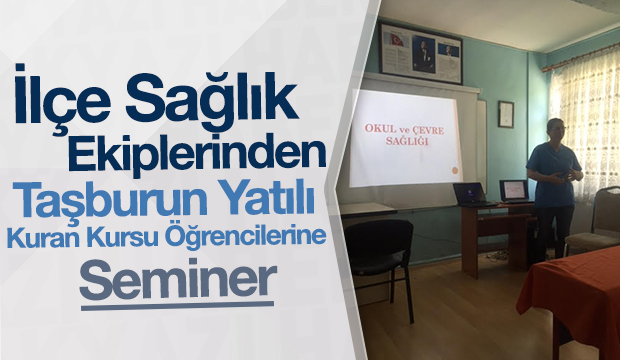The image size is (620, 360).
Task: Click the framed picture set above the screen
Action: pos(421,54)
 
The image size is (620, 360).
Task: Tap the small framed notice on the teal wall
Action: pos(506,114)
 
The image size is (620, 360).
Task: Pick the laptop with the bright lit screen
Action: pos(514,190)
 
